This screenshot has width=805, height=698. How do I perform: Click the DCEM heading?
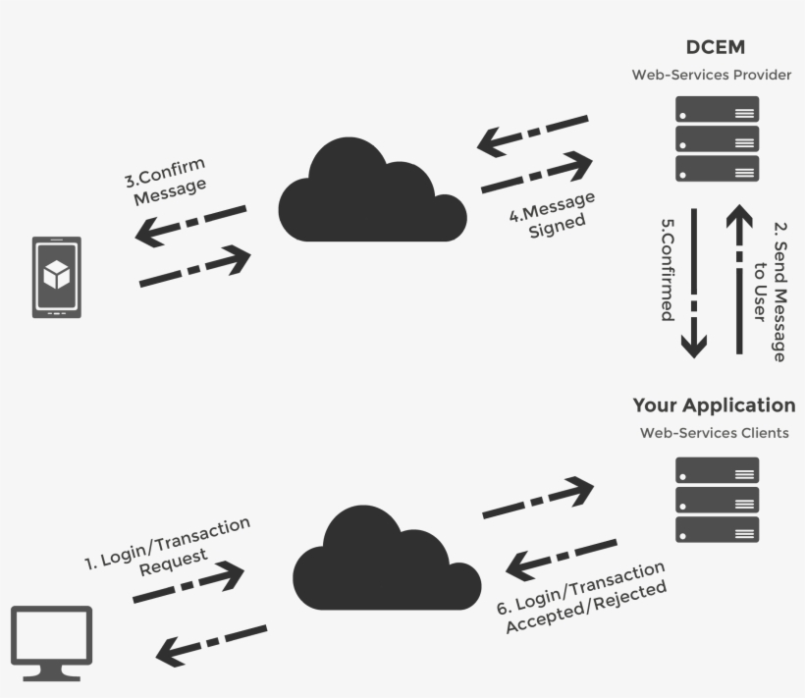pos(716,47)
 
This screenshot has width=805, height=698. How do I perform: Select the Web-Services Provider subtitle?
pos(712,75)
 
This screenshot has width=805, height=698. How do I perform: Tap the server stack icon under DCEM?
pos(718,138)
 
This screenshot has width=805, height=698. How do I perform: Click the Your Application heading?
pos(714,405)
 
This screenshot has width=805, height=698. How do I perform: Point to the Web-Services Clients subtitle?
pos(714,432)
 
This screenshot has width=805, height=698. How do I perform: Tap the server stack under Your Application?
pos(718,500)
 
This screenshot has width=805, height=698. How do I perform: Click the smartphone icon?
pos(57,277)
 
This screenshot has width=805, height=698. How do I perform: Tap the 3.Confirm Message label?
pos(168,180)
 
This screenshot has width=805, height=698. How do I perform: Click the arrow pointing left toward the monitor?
pos(211,640)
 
